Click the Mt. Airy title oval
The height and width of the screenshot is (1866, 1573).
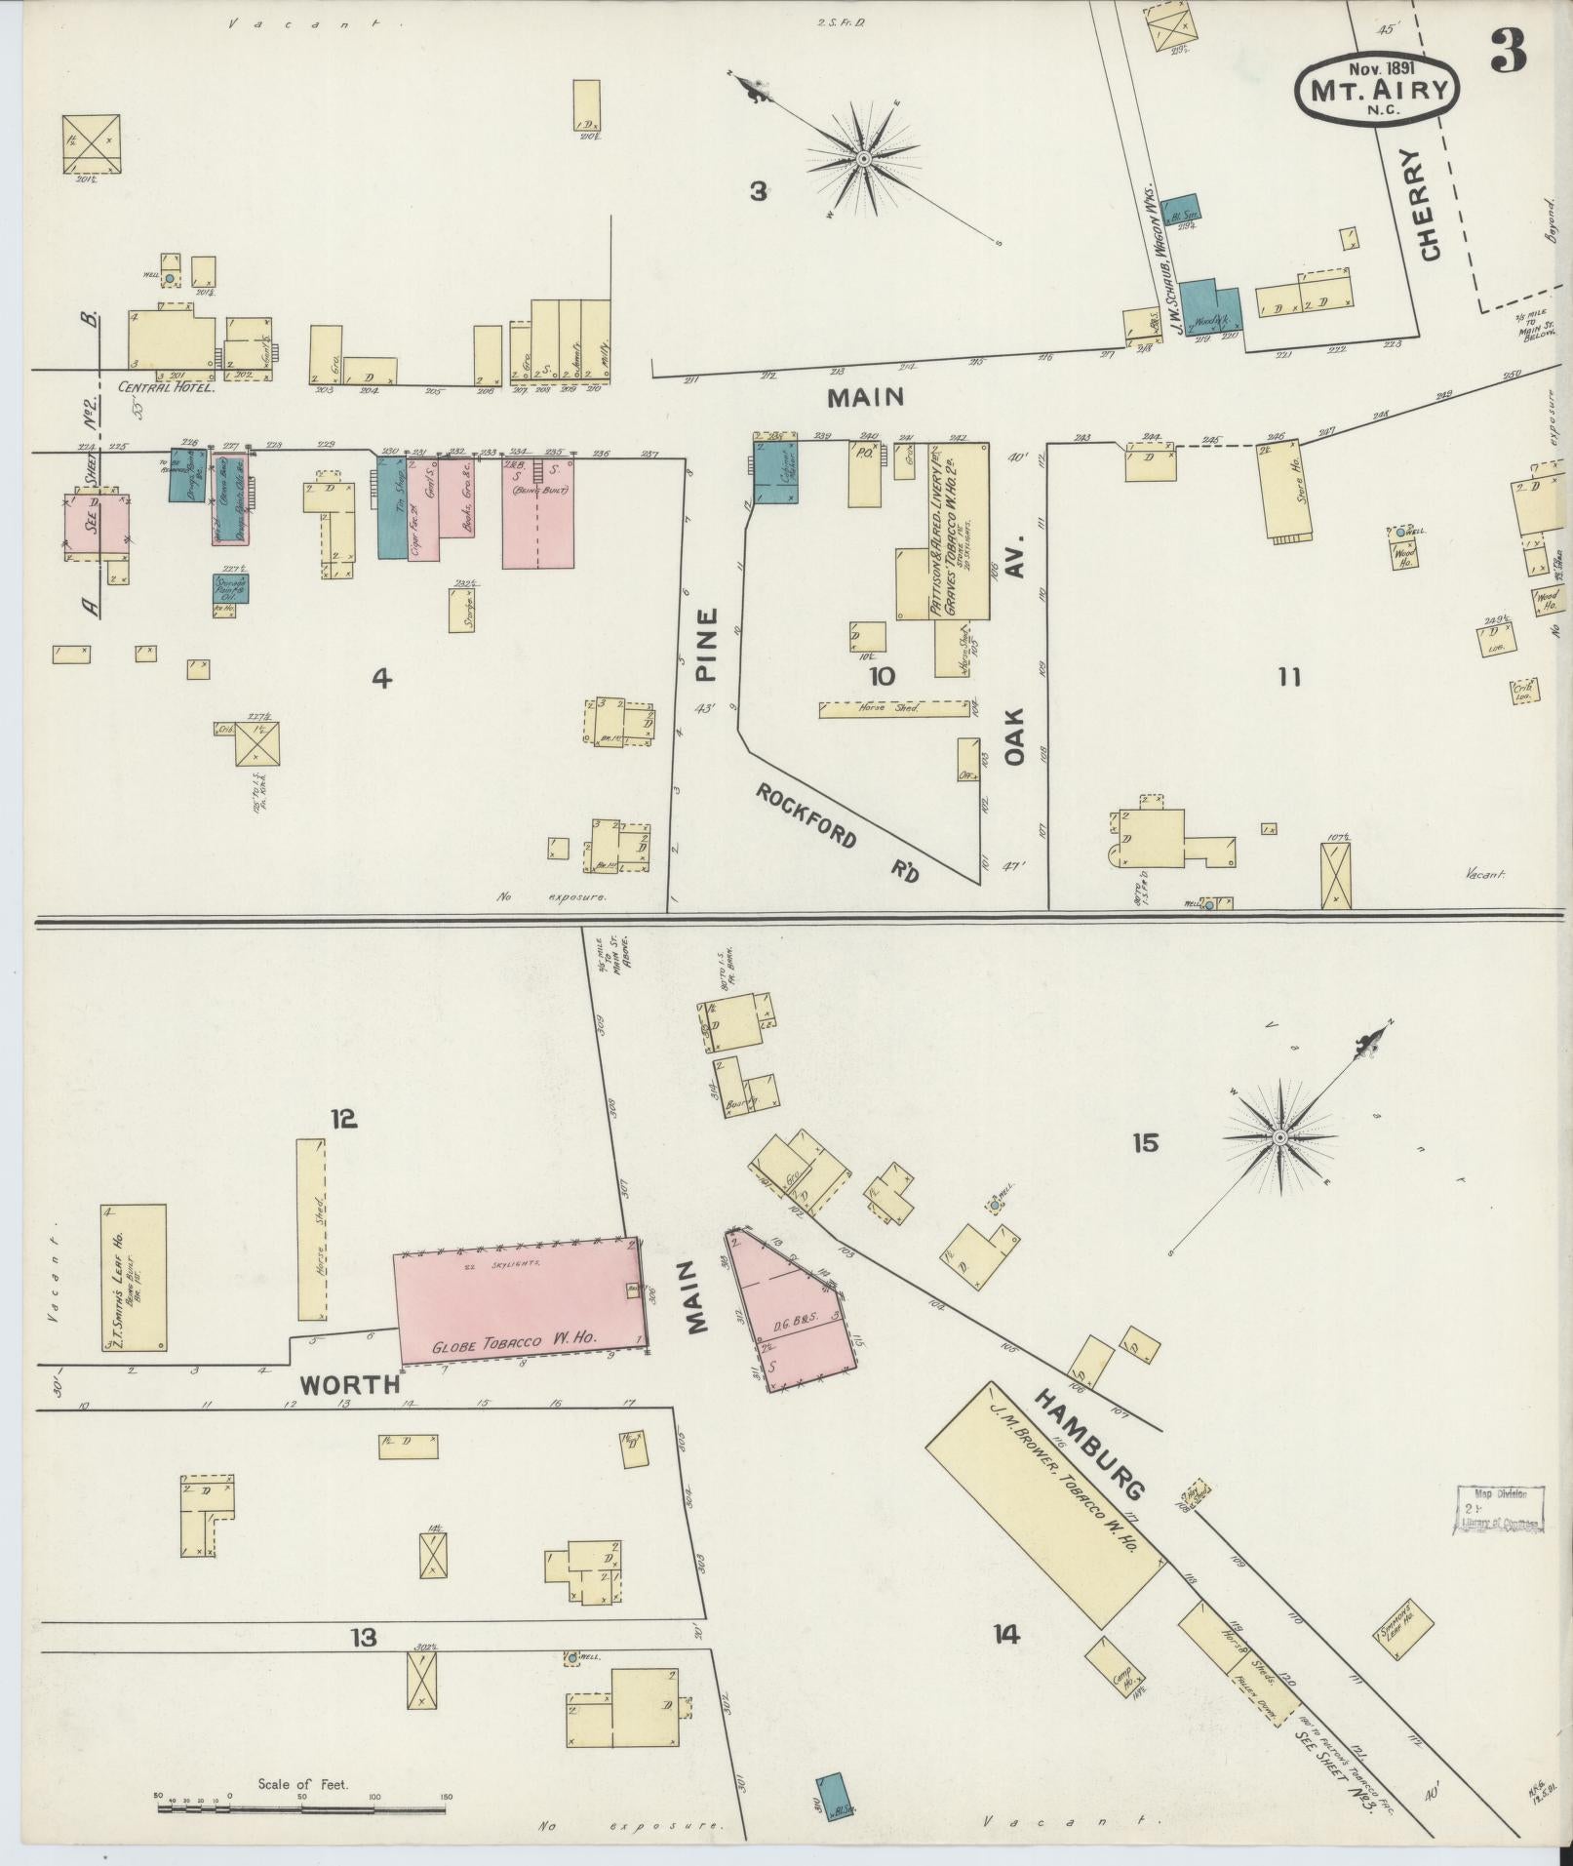(x=1377, y=91)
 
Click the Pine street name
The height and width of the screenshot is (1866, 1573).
(x=707, y=644)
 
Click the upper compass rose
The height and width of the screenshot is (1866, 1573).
(x=863, y=157)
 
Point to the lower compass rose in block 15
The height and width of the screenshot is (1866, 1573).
(x=1280, y=1137)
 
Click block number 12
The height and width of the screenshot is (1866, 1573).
(x=343, y=1120)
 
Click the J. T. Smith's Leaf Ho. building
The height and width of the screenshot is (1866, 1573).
(x=133, y=1278)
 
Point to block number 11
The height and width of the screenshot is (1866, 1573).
(x=1289, y=677)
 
